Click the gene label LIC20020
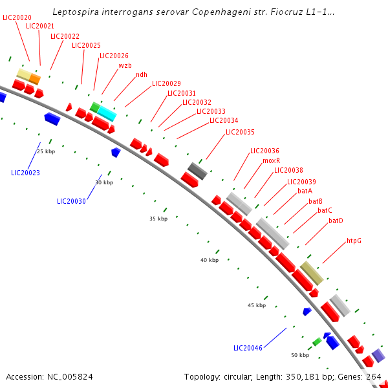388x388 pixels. [17, 17]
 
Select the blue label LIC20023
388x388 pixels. [25, 173]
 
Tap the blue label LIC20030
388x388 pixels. [71, 201]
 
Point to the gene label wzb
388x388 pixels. [125, 65]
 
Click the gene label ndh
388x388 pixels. [142, 74]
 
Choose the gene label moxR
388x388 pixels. [271, 160]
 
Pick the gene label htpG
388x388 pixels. [354, 241]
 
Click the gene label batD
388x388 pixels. [336, 221]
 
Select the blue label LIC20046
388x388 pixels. [248, 348]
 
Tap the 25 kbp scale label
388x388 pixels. [46, 151]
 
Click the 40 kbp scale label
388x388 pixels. [210, 260]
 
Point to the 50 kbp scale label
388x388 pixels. [300, 355]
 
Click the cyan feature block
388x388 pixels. [107, 113]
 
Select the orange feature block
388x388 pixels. [35, 79]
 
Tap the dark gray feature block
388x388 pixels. [197, 171]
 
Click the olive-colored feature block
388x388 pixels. [312, 273]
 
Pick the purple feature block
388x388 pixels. [378, 355]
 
